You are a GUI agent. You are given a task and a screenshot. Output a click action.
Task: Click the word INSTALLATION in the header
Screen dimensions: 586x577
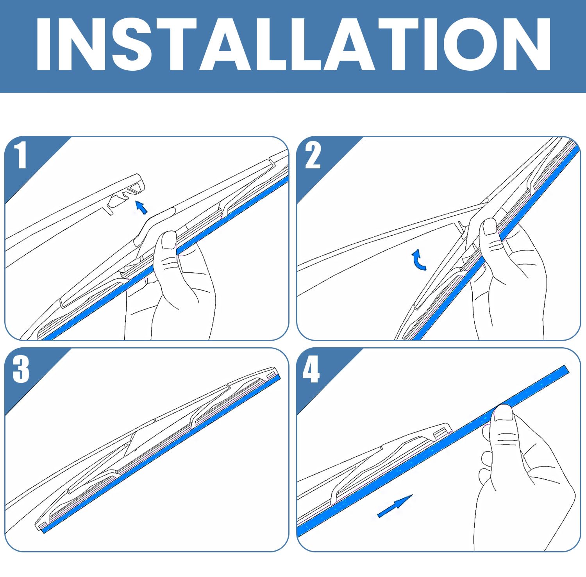tap(293, 44)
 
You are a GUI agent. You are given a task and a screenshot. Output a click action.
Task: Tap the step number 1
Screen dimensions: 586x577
tap(21, 155)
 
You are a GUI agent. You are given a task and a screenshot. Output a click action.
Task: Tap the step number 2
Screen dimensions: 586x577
tap(313, 155)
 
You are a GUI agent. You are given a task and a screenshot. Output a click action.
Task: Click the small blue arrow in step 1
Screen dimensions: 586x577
tap(141, 207)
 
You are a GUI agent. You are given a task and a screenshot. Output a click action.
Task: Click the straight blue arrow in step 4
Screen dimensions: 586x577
tap(395, 506)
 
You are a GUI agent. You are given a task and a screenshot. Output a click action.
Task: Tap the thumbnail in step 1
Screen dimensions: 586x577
tap(169, 240)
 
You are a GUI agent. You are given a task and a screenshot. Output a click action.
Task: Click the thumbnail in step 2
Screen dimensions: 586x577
tap(490, 227)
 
